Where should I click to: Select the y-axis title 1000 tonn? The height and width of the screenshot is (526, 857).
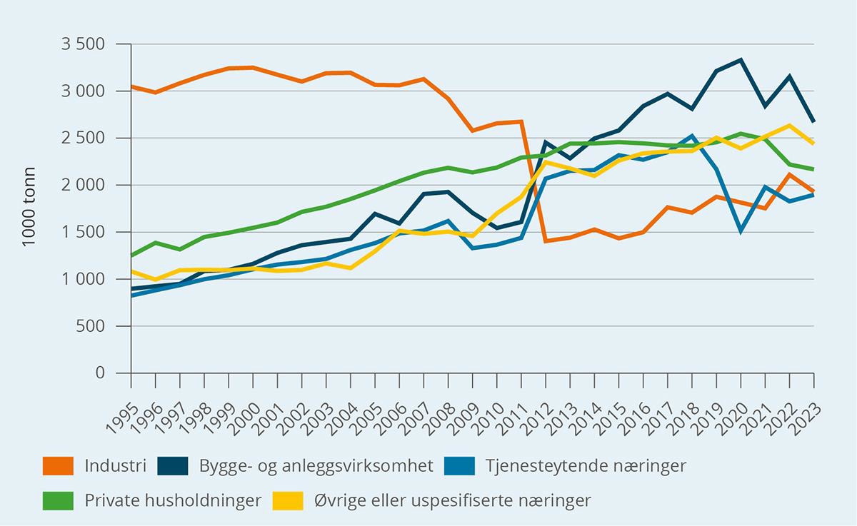(29, 208)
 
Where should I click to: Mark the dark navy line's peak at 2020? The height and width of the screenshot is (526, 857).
(741, 60)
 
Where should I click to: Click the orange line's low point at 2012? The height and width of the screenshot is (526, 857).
(546, 241)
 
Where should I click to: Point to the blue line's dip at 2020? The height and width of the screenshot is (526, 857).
(741, 231)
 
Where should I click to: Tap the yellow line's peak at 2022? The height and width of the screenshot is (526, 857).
(790, 126)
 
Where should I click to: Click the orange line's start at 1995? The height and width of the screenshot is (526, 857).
(131, 86)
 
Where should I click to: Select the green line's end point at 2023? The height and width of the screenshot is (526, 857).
(814, 169)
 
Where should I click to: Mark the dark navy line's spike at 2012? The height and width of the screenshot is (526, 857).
(546, 142)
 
